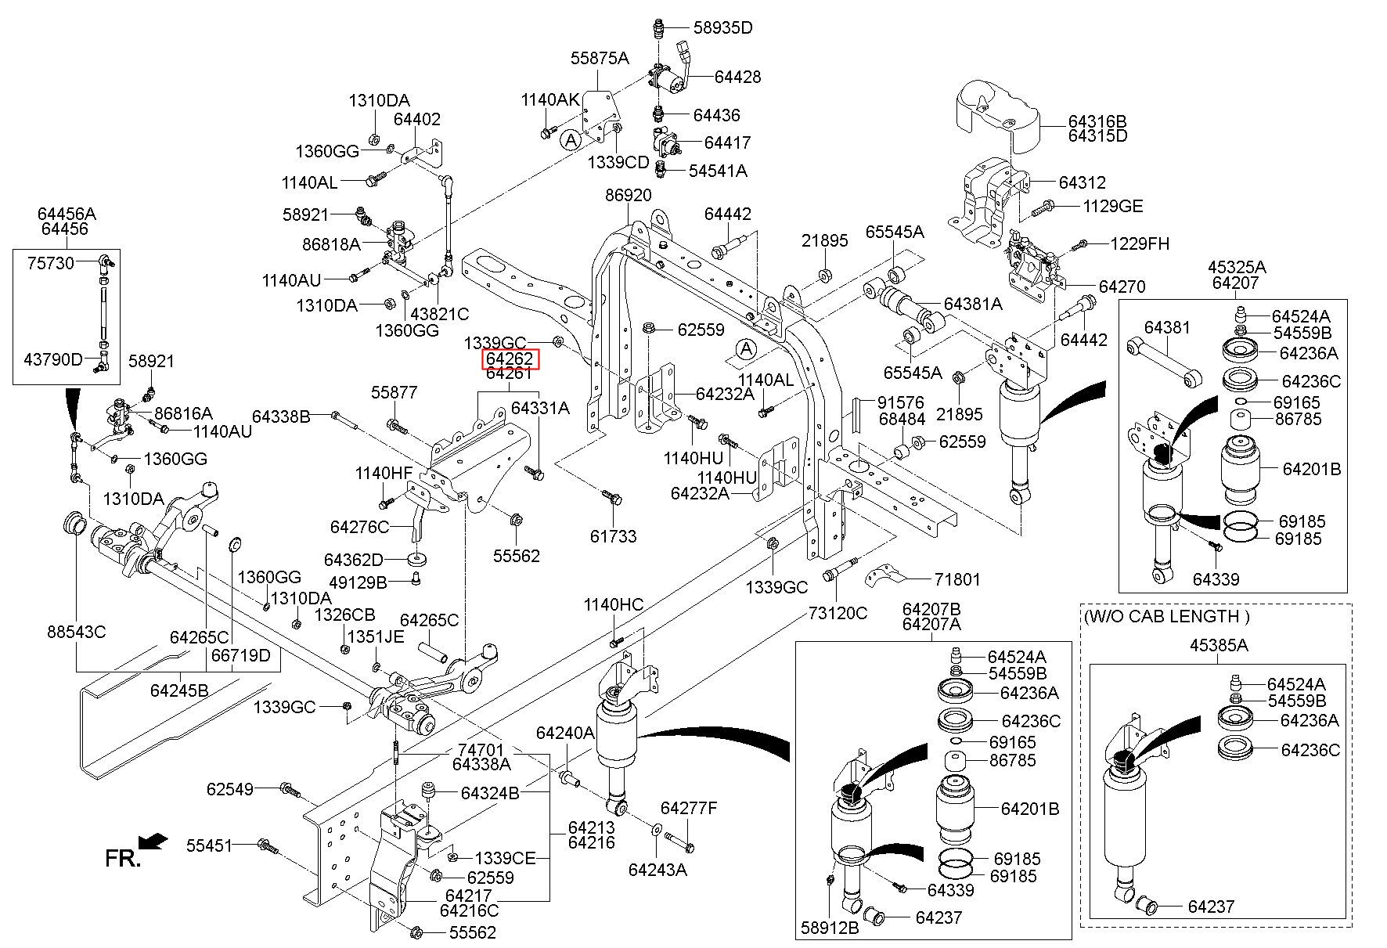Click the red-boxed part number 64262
(x=510, y=359)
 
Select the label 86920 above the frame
(x=629, y=195)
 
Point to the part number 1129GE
(x=1112, y=207)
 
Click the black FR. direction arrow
(x=154, y=841)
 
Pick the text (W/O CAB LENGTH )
(x=1167, y=616)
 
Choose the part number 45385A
(x=1219, y=646)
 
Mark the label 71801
(x=956, y=580)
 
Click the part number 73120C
(x=838, y=613)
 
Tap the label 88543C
(x=76, y=631)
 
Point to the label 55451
(x=210, y=845)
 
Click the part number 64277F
(x=689, y=808)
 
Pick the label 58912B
(x=830, y=928)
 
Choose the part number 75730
(x=51, y=263)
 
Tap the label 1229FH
(x=1140, y=244)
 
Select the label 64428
(x=737, y=77)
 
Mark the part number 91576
(x=901, y=402)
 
